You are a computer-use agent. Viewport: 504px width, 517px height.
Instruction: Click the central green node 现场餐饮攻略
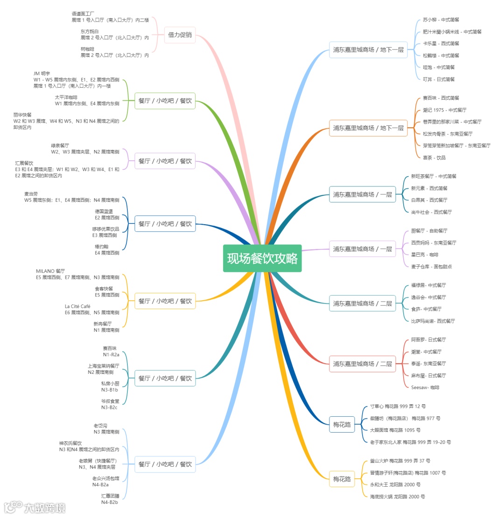tap(262, 258)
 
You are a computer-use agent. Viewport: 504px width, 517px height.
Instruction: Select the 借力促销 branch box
tap(180, 35)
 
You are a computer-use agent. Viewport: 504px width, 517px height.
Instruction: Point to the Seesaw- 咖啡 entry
tap(425, 387)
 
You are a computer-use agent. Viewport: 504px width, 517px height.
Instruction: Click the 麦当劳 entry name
tap(31, 193)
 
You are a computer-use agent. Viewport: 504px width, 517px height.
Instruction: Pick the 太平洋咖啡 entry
tap(66, 97)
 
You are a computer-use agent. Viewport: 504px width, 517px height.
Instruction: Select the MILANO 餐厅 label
tap(50, 271)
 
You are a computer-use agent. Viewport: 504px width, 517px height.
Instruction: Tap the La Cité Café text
tap(77, 306)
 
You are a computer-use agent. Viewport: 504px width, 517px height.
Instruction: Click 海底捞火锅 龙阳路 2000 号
tap(397, 496)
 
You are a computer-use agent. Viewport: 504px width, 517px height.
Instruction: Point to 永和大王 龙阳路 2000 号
tap(395, 484)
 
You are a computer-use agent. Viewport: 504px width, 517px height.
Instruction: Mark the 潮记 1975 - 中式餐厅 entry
tap(444, 110)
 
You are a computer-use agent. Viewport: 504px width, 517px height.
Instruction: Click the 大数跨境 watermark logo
tap(35, 507)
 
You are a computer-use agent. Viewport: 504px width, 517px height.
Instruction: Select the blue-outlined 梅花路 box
tap(342, 424)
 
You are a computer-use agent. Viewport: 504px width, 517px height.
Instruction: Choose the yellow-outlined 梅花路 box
tap(342, 479)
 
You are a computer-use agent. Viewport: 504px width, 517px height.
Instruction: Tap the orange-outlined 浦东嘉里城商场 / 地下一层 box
tap(368, 128)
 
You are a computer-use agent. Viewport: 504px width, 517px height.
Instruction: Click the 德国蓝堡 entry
tap(104, 211)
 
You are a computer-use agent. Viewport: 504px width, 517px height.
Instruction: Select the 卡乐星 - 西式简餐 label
tap(441, 43)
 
